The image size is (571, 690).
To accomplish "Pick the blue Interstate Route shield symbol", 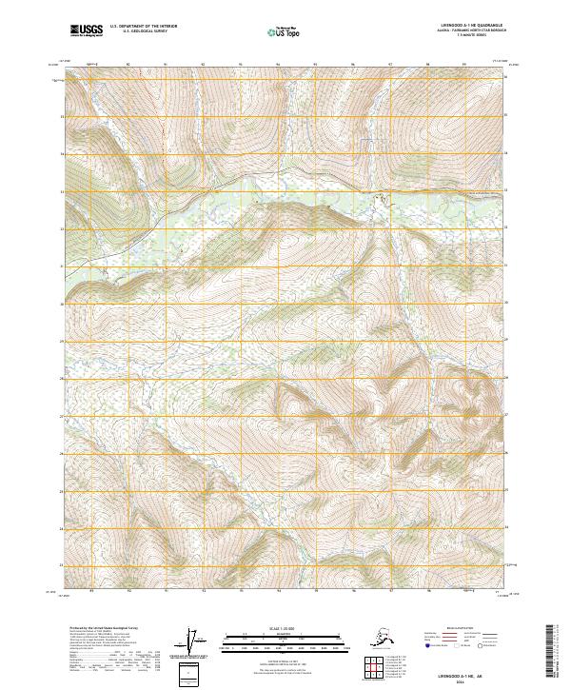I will pos(428,645).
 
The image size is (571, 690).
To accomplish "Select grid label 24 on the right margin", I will pos(508,528).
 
